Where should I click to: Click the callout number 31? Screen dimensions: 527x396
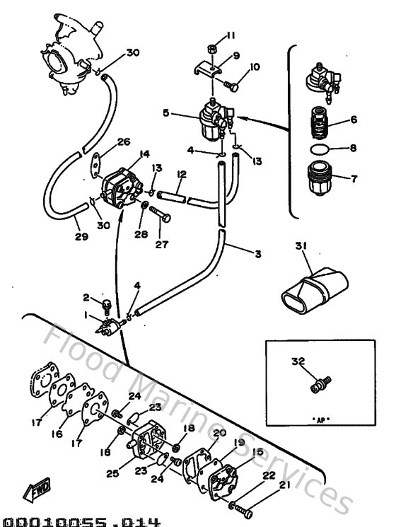click(302, 245)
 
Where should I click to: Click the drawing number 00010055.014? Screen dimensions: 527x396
click(80, 521)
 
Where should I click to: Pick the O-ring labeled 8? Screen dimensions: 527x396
click(320, 149)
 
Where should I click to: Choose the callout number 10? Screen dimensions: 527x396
click(254, 67)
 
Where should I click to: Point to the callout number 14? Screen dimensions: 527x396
click(144, 153)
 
